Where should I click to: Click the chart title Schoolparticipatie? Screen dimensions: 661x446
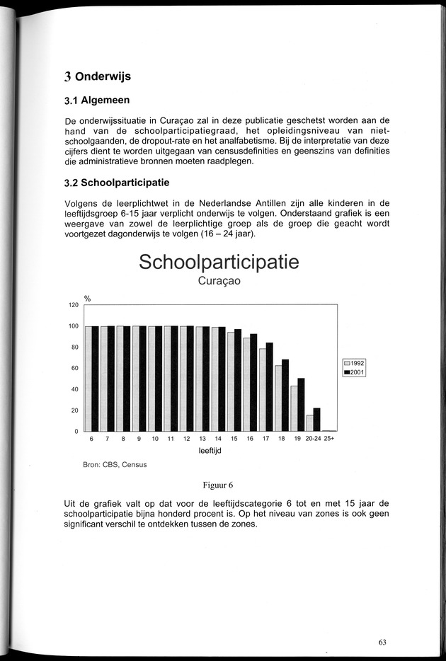tap(219, 262)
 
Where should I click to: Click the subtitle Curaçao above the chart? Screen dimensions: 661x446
tap(219, 282)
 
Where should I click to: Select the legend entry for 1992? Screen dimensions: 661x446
tap(353, 363)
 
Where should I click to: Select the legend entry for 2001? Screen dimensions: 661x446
tap(353, 372)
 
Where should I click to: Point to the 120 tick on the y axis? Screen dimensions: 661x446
tap(73, 305)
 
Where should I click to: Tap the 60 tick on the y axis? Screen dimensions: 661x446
tap(74, 368)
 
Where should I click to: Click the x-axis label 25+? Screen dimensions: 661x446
tap(329, 439)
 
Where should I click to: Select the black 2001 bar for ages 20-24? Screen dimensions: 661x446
tap(316, 420)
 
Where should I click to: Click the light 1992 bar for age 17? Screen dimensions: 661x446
tap(262, 390)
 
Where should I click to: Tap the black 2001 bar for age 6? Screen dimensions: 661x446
tap(95, 379)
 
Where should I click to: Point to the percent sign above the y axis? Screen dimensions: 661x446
tap(88, 299)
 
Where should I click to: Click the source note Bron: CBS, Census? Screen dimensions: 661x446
tap(115, 465)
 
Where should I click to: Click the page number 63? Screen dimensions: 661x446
tap(382, 642)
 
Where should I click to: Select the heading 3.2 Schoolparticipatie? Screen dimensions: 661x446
tap(116, 183)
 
